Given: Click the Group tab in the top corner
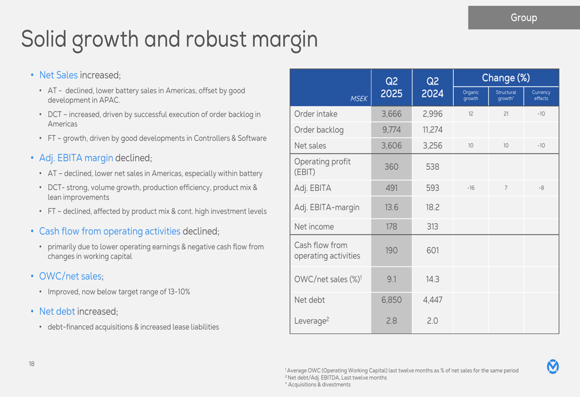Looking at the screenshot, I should pyautogui.click(x=523, y=18).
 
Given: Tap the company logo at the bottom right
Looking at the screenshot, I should pyautogui.click(x=553, y=366).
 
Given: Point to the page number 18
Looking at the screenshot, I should pyautogui.click(x=31, y=364).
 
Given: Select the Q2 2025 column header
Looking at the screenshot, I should pyautogui.click(x=391, y=88).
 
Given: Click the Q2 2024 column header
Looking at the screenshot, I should pyautogui.click(x=432, y=88).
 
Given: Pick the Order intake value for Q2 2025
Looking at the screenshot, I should pyautogui.click(x=391, y=114).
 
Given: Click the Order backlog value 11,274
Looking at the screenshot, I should pyautogui.click(x=432, y=130).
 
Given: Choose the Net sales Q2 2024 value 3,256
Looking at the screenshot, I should pyautogui.click(x=432, y=145).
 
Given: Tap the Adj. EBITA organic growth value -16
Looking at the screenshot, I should pyautogui.click(x=470, y=188).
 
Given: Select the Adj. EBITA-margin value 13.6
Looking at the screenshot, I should pyautogui.click(x=391, y=207).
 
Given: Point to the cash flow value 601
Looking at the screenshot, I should pyautogui.click(x=432, y=250).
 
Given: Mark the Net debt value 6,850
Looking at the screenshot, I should pyautogui.click(x=391, y=300).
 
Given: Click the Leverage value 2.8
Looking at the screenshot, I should pyautogui.click(x=391, y=320).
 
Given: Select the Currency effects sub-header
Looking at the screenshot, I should pyautogui.click(x=541, y=95).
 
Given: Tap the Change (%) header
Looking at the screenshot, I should pyautogui.click(x=506, y=78).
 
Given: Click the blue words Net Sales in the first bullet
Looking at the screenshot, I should pyautogui.click(x=58, y=75).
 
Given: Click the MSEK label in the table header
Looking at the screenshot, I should pyautogui.click(x=359, y=99).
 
